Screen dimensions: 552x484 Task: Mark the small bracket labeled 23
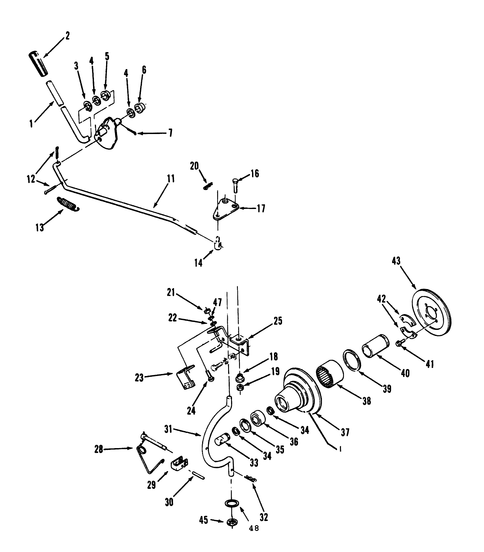(186, 378)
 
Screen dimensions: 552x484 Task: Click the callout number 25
(278, 321)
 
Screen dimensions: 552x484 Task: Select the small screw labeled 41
(399, 343)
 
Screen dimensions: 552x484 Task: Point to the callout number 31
(168, 430)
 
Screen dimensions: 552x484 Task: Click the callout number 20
(194, 166)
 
